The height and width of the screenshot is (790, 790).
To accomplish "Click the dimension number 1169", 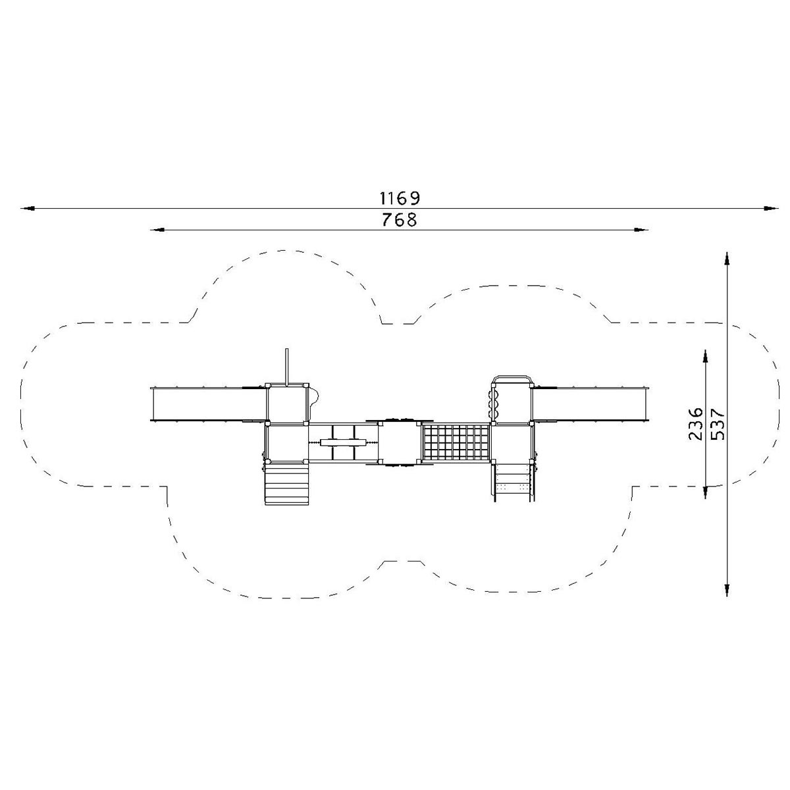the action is pos(400,198).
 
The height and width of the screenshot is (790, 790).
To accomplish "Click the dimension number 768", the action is pos(400,220).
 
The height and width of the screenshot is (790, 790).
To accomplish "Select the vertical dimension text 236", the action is pos(696,424).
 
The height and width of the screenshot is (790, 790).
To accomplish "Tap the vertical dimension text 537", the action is pos(718,424).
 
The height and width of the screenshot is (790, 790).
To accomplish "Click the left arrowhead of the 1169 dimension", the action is pos(28,208).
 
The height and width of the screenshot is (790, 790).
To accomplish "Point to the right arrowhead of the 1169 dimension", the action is pos(771,208).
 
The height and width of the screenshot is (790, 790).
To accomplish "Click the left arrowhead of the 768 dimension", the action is pos(157,230).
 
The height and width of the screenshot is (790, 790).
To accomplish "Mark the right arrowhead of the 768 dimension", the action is pos(641,230).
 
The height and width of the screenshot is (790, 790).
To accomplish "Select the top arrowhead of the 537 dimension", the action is pos(727,259).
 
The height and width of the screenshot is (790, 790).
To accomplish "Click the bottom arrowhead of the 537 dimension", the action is pos(727,589).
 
